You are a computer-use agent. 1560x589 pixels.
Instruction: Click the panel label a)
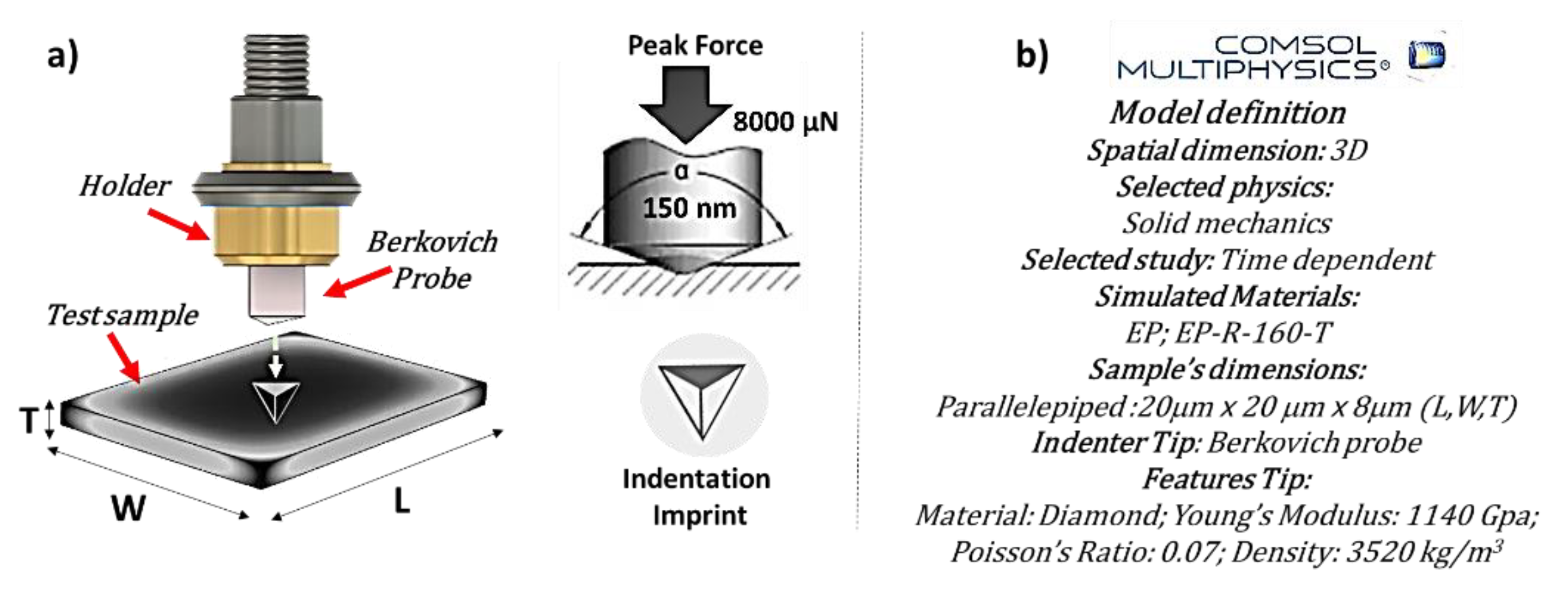tap(63, 56)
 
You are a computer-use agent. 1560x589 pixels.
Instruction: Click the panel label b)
tap(1031, 56)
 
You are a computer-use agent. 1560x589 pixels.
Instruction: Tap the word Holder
tap(125, 186)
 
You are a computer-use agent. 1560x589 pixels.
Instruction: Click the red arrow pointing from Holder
tap(179, 224)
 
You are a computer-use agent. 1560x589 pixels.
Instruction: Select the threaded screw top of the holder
tap(276, 64)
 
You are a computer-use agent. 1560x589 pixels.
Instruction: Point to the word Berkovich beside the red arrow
tap(432, 242)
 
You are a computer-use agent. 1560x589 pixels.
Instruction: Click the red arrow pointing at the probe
tap(357, 283)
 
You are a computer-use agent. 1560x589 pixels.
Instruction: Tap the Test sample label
tap(122, 316)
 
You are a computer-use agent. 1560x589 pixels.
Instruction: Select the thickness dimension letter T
tap(28, 420)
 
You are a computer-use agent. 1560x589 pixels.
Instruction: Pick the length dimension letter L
tap(402, 501)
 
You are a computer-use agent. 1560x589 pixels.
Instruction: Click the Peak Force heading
tap(695, 46)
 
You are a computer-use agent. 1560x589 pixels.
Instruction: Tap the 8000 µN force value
tap(785, 121)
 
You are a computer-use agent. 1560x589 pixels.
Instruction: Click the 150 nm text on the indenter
tap(689, 208)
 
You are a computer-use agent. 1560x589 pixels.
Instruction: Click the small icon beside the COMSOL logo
tap(1426, 56)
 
